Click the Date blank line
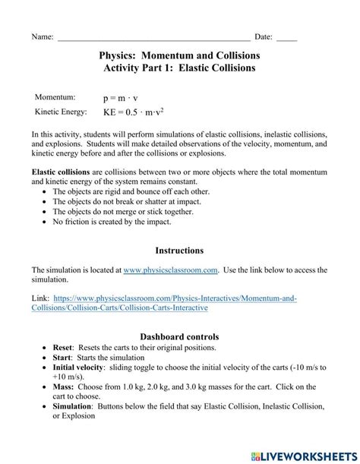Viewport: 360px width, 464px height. [x=287, y=37]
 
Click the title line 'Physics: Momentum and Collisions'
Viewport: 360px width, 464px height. [x=179, y=55]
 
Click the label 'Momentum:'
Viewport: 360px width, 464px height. [x=55, y=97]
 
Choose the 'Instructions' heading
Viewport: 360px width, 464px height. [x=179, y=250]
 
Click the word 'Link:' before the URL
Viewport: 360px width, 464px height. [x=42, y=298]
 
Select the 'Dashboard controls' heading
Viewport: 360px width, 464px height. [x=179, y=336]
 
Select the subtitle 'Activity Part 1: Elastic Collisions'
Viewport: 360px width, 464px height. [x=179, y=68]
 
